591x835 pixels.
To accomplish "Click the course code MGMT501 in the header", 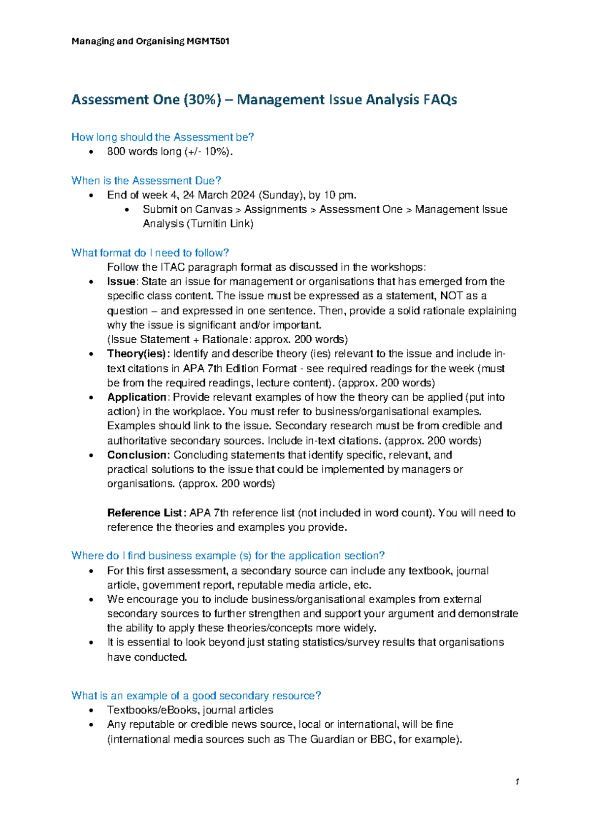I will (x=208, y=41).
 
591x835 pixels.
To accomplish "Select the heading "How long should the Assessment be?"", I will (x=163, y=137).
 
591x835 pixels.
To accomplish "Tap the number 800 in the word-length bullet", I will (x=116, y=152).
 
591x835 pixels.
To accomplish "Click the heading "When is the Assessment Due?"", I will (x=146, y=181).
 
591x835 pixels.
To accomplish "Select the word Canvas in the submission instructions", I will (x=214, y=209).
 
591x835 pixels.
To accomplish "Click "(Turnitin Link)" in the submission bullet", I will (x=220, y=224).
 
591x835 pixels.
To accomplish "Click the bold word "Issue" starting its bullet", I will (x=121, y=282).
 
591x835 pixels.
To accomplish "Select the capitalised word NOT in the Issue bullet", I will (x=452, y=296).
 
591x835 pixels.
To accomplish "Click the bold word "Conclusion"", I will (x=138, y=455).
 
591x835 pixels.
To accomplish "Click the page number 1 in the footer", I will (x=517, y=782).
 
